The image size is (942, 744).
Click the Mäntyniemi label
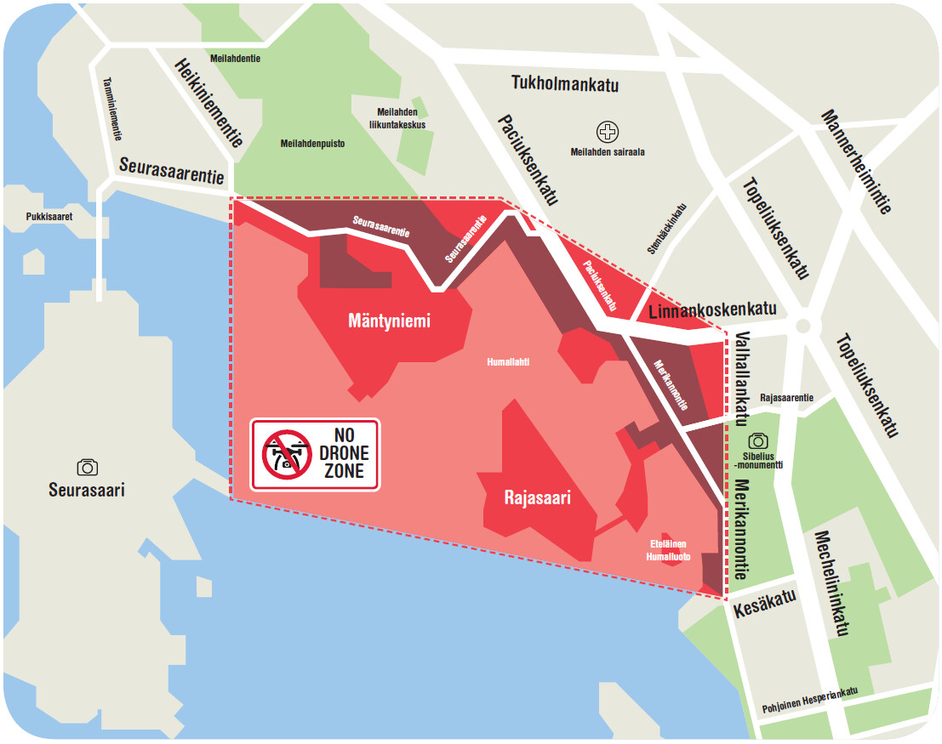tap(389, 321)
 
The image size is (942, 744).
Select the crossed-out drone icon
tap(287, 454)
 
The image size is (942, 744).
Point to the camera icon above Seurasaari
tap(87, 466)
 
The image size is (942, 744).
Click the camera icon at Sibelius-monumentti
tap(758, 440)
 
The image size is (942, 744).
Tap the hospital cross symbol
tap(608, 132)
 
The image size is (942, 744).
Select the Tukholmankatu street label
tap(564, 84)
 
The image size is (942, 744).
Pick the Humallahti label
tap(508, 361)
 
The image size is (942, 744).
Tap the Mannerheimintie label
tap(856, 162)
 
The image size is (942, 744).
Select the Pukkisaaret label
tap(47, 217)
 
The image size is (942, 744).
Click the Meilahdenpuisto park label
tap(312, 144)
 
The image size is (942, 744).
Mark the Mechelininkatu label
tap(831, 583)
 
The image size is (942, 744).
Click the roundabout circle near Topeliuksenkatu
tap(802, 325)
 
